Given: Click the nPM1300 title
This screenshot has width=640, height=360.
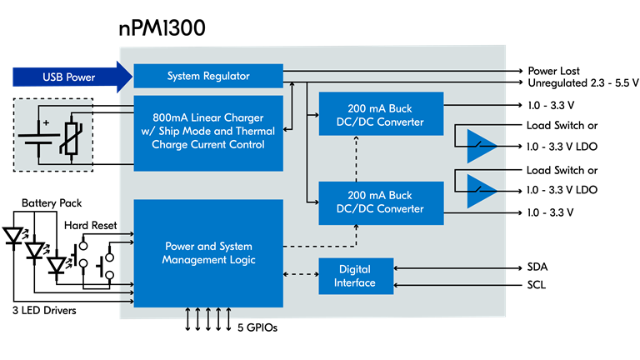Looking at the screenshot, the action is (162, 28).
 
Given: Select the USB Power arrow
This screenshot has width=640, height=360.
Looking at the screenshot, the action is (72, 77).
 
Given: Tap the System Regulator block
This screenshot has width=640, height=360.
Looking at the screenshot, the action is (208, 76).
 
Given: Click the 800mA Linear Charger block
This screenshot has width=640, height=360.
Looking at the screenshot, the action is (208, 133).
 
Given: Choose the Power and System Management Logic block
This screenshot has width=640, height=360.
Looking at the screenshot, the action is (208, 253).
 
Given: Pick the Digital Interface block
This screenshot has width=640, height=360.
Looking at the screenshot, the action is (356, 276).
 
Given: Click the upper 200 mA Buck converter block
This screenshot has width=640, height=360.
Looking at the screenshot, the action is (381, 113).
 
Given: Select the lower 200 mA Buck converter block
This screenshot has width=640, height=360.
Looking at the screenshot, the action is (381, 202).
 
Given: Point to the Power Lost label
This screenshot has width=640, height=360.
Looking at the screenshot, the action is (553, 71).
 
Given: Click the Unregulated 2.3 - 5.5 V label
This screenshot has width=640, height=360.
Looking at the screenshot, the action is (583, 83).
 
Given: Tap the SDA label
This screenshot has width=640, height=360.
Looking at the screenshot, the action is (537, 267).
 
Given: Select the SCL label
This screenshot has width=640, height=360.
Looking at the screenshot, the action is (537, 285).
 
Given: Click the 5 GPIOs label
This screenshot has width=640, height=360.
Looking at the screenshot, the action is (257, 327).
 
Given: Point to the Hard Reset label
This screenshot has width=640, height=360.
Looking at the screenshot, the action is (90, 225).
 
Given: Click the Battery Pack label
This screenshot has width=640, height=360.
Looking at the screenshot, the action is (52, 202).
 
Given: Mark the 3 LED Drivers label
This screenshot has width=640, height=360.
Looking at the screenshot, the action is (44, 310).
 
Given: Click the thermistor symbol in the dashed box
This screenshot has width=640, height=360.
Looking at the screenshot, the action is (71, 138).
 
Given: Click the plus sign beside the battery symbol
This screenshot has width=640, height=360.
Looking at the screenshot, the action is (46, 122).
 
